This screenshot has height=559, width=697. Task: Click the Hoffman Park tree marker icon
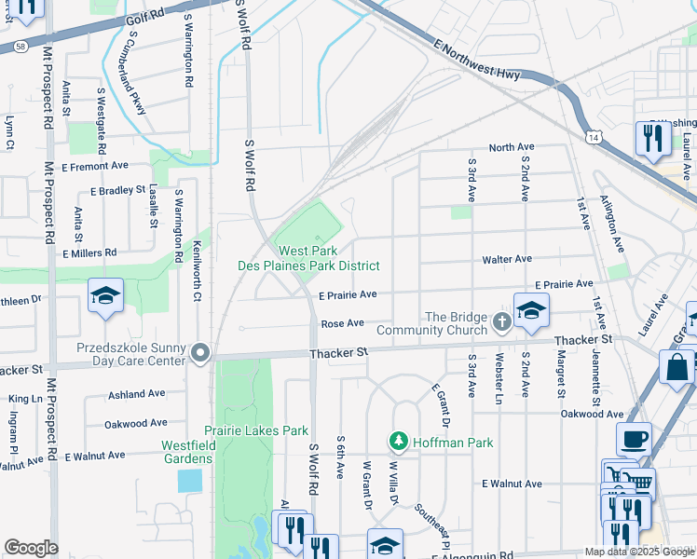pyautogui.click(x=399, y=440)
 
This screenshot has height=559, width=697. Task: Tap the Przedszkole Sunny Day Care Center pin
pyautogui.click(x=200, y=353)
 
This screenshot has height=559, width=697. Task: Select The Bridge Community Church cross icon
pyautogui.click(x=502, y=323)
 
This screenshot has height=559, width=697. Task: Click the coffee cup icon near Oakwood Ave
pyautogui.click(x=634, y=439)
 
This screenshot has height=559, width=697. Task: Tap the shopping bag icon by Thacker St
pyautogui.click(x=676, y=366)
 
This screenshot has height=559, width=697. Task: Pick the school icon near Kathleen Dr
pyautogui.click(x=105, y=296)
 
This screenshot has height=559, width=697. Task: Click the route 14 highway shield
pyautogui.click(x=593, y=137)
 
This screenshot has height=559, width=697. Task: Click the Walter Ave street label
pyautogui.click(x=506, y=259)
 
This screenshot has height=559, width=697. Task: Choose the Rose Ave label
pyautogui.click(x=341, y=323)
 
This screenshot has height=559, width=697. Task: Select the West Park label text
pyautogui.click(x=307, y=252)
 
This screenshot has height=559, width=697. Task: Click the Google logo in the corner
pyautogui.click(x=32, y=548)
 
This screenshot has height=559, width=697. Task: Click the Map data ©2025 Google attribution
pyautogui.click(x=639, y=552)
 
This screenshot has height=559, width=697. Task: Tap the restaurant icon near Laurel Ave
pyautogui.click(x=653, y=138)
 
